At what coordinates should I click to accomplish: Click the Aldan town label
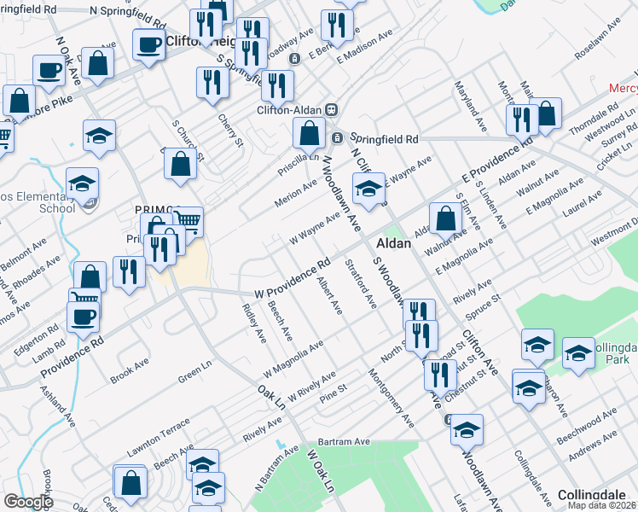pyautogui.click(x=395, y=243)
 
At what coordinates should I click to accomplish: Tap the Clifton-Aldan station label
pyautogui.click(x=291, y=109)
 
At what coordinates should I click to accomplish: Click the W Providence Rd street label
pyautogui.click(x=292, y=278)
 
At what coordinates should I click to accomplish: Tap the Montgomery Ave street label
pyautogui.click(x=391, y=399)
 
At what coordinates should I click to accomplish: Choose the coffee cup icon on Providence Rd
pyautogui.click(x=83, y=317)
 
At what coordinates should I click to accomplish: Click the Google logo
pyautogui.click(x=28, y=501)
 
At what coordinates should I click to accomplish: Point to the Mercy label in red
pyautogui.click(x=623, y=89)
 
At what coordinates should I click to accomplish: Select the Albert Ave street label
pyautogui.click(x=328, y=294)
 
